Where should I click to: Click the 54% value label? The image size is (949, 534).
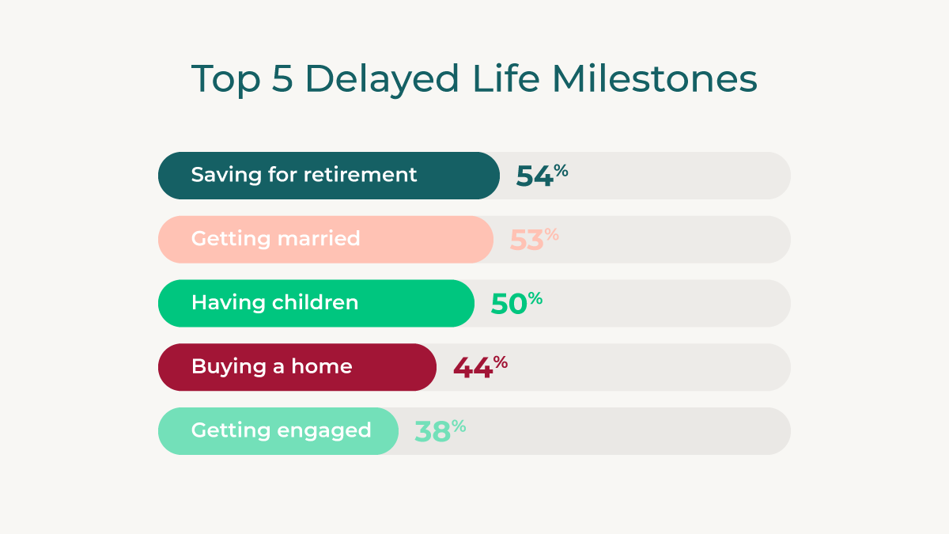[x=542, y=175]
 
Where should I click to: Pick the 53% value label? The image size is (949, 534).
[x=534, y=239]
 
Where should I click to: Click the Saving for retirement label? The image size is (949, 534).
[x=304, y=175]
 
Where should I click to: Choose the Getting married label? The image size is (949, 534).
[x=275, y=239]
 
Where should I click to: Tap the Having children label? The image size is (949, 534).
[x=274, y=303]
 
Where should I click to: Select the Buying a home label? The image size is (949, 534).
[x=271, y=367]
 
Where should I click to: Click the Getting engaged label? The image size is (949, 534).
[x=281, y=431]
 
